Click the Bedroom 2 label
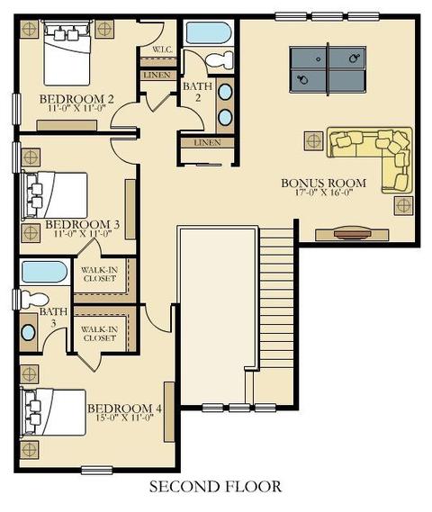(x=76, y=99)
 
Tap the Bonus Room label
(x=324, y=183)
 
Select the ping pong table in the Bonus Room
(x=328, y=69)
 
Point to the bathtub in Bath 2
(x=209, y=33)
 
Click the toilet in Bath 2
(x=220, y=60)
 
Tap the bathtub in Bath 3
(x=44, y=272)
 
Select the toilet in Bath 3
(x=34, y=299)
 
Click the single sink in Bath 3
(x=28, y=332)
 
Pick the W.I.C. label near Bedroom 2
(x=162, y=50)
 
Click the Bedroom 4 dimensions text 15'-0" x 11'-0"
(x=125, y=418)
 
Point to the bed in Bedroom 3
(x=55, y=195)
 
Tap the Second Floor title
(x=215, y=487)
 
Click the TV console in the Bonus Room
(x=352, y=235)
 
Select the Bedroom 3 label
(x=82, y=225)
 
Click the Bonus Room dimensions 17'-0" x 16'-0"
(x=324, y=193)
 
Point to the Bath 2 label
(x=198, y=92)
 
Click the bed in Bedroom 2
(x=67, y=52)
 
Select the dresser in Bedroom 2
(x=67, y=125)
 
